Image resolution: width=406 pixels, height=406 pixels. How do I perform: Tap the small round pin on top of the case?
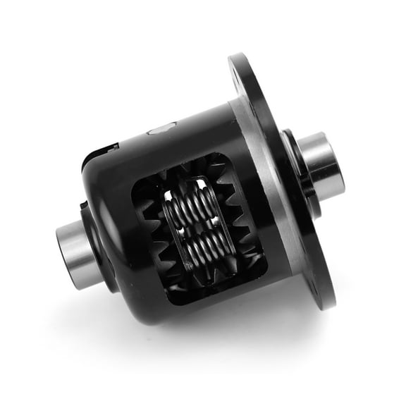click(x=160, y=131)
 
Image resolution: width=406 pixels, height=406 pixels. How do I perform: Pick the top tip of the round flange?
click(x=238, y=56)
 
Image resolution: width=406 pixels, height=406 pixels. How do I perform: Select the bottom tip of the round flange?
click(x=326, y=306)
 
